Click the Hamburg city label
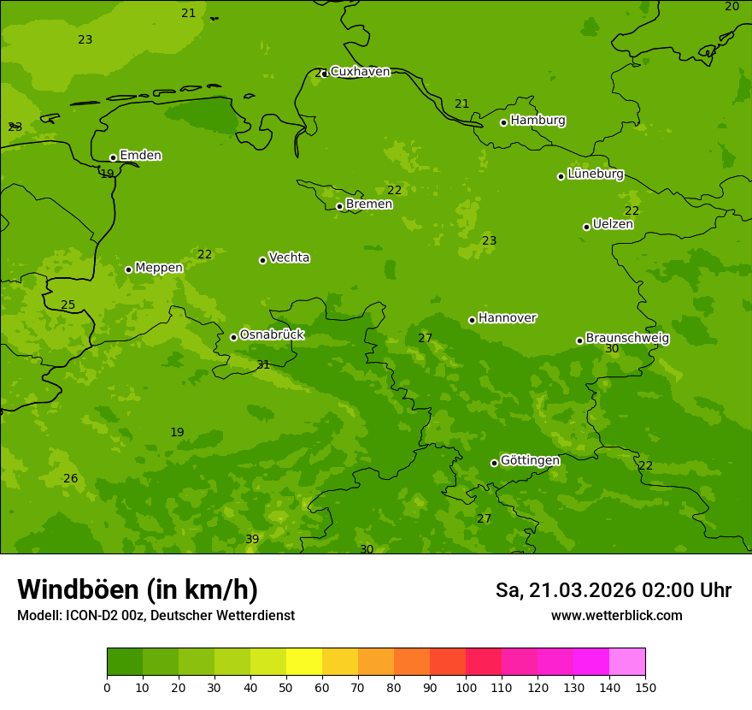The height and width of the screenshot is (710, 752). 538,121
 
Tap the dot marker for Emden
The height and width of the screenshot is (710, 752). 113,157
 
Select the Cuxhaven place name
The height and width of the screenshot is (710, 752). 360,72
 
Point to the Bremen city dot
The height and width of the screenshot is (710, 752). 339,206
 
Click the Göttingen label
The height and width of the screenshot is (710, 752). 530,461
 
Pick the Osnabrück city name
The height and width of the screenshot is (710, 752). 272,335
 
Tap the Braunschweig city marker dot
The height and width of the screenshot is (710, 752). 579,340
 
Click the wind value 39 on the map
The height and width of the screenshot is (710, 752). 252,539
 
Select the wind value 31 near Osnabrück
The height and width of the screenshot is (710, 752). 263,365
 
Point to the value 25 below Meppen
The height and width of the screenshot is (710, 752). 68,305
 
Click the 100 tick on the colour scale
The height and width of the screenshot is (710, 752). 466,687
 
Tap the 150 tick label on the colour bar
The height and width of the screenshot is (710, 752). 645,687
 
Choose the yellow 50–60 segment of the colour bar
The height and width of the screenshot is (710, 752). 304,662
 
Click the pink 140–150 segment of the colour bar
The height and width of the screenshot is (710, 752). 627,662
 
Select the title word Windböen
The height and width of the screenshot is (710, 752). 78,590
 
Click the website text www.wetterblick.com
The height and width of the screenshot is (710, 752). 616,616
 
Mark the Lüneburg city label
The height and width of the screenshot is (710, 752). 595,175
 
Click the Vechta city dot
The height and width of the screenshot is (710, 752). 262,260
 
